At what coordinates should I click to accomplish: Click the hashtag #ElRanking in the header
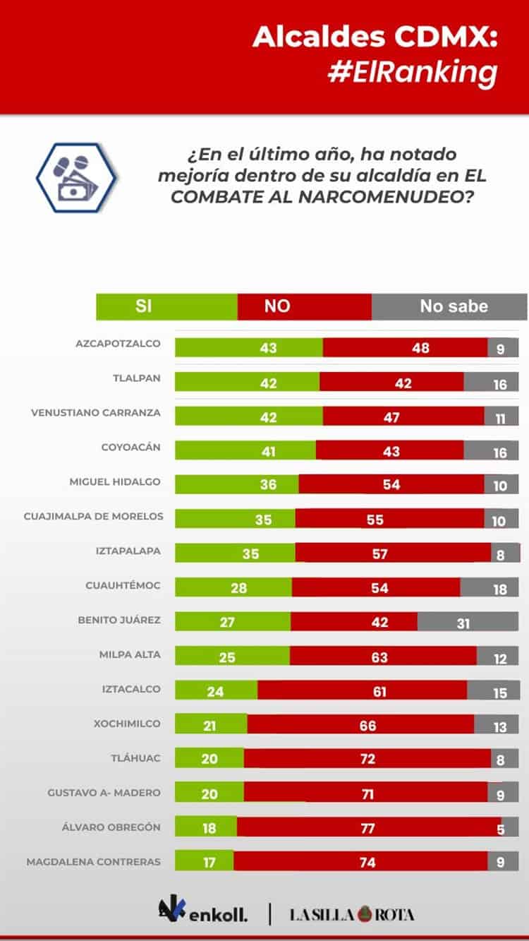coord(413,73)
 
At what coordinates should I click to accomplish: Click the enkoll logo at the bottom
coord(202,913)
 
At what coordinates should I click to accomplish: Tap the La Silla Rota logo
coord(352,914)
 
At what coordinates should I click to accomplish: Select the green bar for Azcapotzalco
coord(248,347)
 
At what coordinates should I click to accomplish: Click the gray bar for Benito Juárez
coord(468,622)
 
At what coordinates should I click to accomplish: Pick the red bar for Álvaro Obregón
coord(368,827)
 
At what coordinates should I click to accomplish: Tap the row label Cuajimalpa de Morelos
coord(94,517)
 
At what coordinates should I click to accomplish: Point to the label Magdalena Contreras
coord(94,862)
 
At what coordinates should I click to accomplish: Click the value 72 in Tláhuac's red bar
coord(367,760)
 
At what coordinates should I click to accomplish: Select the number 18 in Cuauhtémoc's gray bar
coord(500,589)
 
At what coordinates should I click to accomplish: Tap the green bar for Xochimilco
coord(210,725)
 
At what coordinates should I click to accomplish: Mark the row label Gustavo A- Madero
coord(104,793)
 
